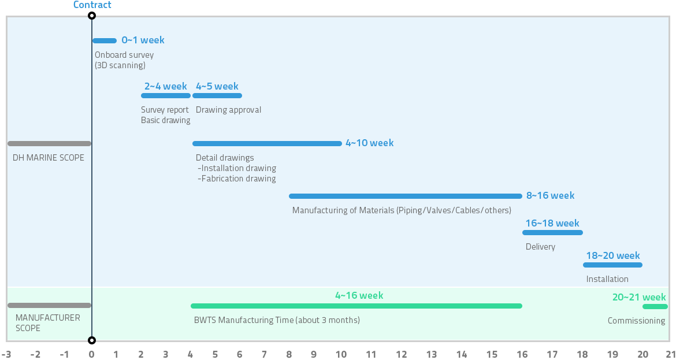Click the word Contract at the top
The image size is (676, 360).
point(92,5)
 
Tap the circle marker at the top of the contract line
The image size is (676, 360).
point(91,16)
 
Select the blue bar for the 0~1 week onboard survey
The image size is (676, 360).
point(105,41)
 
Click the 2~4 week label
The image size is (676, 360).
point(166,86)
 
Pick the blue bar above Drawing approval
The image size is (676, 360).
point(217,96)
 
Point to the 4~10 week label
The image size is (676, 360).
point(369,143)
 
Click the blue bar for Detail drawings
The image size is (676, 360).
point(268,143)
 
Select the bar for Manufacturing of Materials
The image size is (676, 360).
point(406,196)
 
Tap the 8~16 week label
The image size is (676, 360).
point(551,195)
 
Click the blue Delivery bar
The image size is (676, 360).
point(553,233)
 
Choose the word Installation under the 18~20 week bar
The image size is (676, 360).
point(607,279)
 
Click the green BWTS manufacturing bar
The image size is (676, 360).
point(356,306)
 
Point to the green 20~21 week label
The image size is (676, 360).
point(639,297)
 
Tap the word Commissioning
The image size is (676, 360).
point(636,321)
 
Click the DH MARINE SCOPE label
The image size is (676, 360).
point(49,158)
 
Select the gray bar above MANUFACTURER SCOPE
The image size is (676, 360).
point(50,306)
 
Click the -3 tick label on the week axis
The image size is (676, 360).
point(6,354)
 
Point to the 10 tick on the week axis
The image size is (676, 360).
point(341,354)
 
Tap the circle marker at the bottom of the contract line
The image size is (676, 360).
point(91,340)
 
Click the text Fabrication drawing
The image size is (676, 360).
point(237,179)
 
